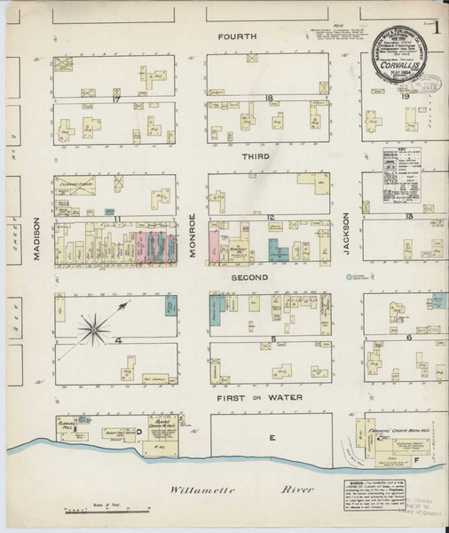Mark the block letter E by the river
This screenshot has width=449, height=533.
(x=273, y=438)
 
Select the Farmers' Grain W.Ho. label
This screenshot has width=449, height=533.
(x=393, y=428)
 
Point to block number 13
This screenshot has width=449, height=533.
(x=409, y=216)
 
